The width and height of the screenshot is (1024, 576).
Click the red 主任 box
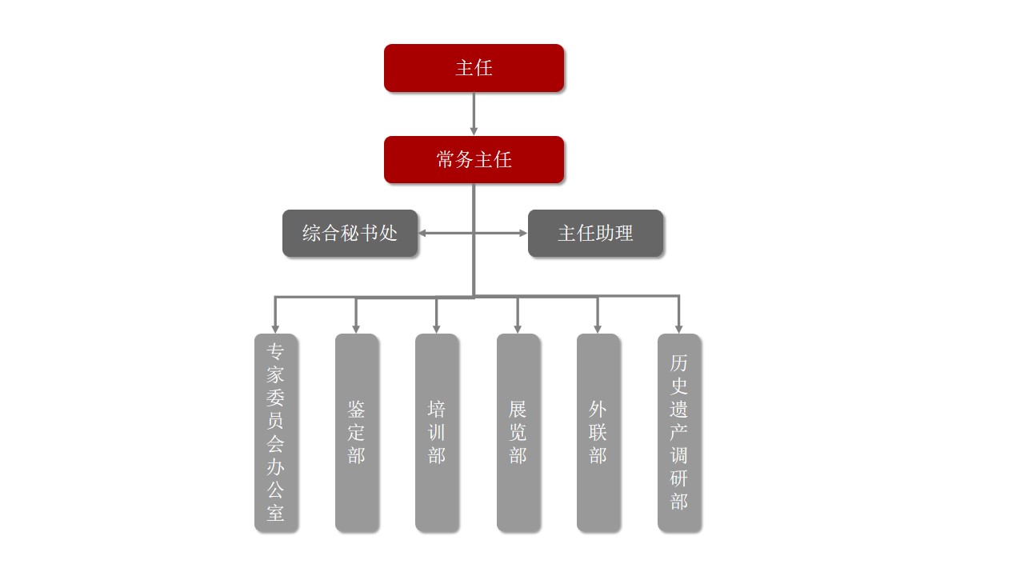pos(474,68)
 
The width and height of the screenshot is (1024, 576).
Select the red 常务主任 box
pos(474,160)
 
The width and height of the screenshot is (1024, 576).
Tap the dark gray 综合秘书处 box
pos(350,233)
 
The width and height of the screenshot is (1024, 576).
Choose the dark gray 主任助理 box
pos(595,233)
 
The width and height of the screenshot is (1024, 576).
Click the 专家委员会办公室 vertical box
pos(275,432)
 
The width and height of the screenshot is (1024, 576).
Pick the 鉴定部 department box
pos(356,432)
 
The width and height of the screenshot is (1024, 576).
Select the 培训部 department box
pos(437,432)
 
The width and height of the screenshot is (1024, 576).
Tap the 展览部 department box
pos(518,432)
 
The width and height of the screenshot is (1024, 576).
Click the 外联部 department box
pos(598,432)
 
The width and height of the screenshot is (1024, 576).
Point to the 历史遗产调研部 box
pos(679,432)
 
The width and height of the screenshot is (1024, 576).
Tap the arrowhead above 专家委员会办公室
pos(275,328)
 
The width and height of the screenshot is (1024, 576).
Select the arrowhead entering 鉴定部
pos(356,328)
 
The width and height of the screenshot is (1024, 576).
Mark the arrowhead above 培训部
pos(437,328)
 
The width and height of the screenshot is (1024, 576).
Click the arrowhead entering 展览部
pos(518,328)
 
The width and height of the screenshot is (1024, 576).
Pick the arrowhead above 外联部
pos(598,328)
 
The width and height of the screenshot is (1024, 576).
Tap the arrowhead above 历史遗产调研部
pos(679,328)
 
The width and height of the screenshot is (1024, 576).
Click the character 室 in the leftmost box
pos(275,512)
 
